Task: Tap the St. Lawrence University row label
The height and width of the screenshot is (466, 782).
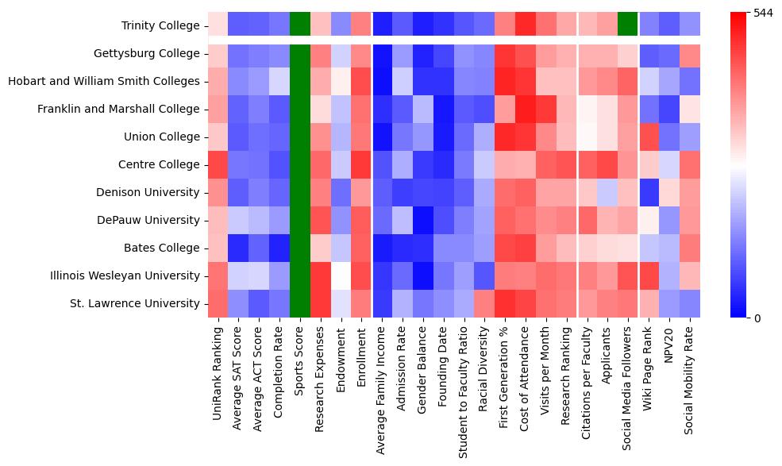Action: pyautogui.click(x=134, y=304)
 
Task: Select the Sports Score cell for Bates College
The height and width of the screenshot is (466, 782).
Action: pyautogui.click(x=300, y=248)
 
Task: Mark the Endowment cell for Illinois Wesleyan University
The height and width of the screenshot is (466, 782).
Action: pyautogui.click(x=341, y=276)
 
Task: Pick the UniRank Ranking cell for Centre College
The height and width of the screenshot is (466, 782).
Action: pyautogui.click(x=218, y=165)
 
